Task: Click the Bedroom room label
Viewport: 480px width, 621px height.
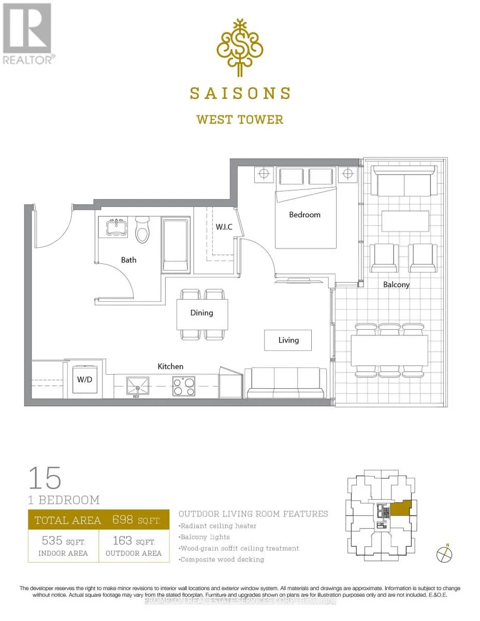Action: tap(304, 215)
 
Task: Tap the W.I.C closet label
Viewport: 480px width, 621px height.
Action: tap(224, 227)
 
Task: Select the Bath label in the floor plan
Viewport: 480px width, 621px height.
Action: tap(128, 260)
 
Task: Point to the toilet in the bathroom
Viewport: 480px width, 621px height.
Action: tap(142, 230)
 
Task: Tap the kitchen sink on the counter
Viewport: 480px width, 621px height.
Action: tap(138, 386)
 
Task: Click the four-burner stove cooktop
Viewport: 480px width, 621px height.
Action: tap(184, 387)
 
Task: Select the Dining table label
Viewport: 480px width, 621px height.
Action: tap(201, 313)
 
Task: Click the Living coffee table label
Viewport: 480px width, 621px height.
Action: tap(288, 340)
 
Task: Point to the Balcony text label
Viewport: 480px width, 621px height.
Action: tap(396, 285)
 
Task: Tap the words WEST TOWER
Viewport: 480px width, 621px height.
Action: tap(240, 120)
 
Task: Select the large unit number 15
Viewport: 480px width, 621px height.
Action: tap(45, 478)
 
